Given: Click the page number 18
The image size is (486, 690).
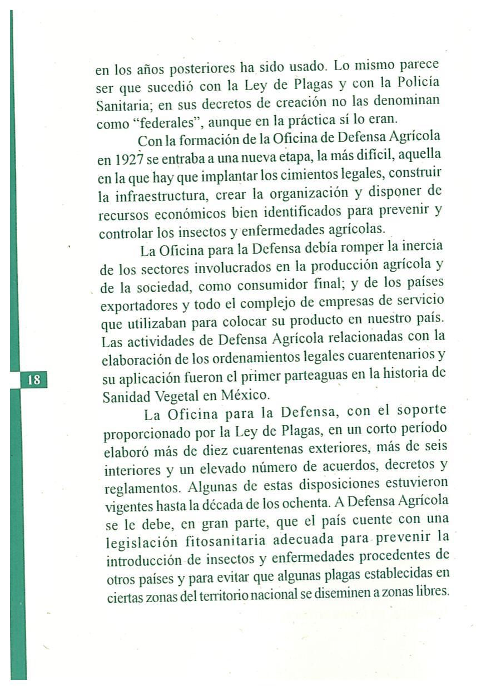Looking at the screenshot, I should pos(33,380).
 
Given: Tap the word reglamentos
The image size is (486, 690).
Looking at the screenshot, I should pos(142,489).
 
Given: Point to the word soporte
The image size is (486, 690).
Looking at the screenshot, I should pos(421,411).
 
